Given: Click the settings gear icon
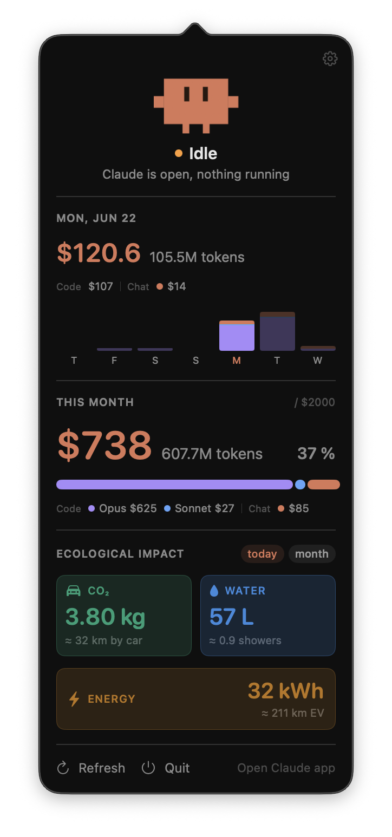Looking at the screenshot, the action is (330, 58).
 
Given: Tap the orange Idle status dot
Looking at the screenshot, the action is (179, 153).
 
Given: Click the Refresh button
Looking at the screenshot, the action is (91, 768).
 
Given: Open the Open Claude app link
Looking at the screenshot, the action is (286, 768).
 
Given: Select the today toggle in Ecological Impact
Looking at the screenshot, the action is (263, 554).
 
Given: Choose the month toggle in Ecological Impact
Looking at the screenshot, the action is (312, 554).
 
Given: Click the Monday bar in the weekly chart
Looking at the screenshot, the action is (237, 336).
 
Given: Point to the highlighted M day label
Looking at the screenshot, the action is (237, 361).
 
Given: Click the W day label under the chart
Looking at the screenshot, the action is (318, 361).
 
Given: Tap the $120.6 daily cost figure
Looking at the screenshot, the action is (99, 253).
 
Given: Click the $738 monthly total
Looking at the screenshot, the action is (104, 445).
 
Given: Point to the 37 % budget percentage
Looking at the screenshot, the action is (316, 454).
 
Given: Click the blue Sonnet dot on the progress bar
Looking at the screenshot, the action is (300, 485).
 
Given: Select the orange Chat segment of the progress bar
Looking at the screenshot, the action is (324, 485).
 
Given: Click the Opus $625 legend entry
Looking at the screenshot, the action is (122, 508).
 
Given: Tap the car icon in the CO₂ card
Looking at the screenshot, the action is (73, 591).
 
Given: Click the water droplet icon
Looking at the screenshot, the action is (214, 591).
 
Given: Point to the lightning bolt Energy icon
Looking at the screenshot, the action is (74, 699).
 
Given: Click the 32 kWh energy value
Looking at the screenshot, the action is (286, 691).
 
